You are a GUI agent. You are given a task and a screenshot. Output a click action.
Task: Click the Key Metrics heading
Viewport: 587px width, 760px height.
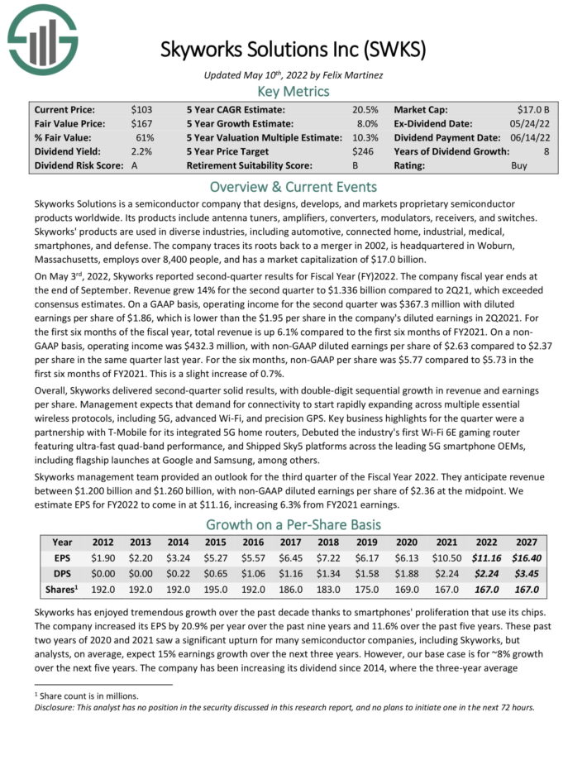click(x=293, y=91)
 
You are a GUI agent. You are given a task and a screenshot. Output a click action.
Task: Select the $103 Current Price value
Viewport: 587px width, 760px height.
click(x=142, y=109)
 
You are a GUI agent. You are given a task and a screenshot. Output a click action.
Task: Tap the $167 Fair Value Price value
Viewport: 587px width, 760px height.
click(x=143, y=123)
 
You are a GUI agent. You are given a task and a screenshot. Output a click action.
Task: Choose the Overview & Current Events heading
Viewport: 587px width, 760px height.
click(x=293, y=186)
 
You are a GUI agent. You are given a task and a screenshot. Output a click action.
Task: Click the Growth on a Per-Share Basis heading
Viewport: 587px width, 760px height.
click(x=293, y=524)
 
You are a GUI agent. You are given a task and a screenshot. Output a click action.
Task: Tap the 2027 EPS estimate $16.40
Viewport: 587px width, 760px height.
click(x=525, y=558)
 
